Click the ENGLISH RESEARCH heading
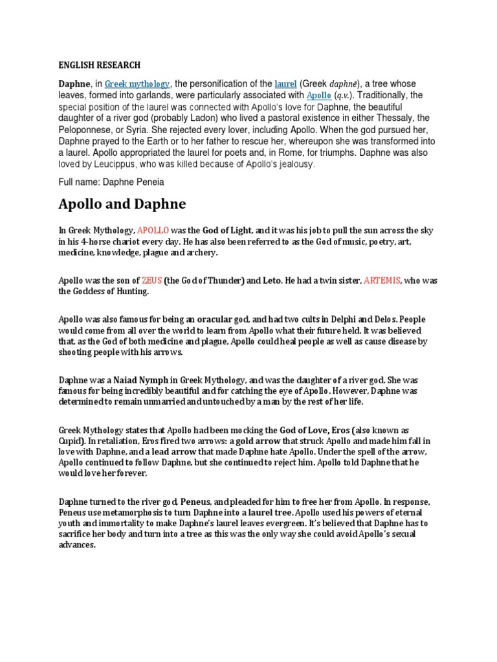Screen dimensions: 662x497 99,65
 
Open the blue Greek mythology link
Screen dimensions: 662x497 137,84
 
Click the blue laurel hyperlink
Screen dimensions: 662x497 285,84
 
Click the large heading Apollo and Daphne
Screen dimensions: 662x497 122,205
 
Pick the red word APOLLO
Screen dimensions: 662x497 153,231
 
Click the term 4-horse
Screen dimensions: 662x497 93,242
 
